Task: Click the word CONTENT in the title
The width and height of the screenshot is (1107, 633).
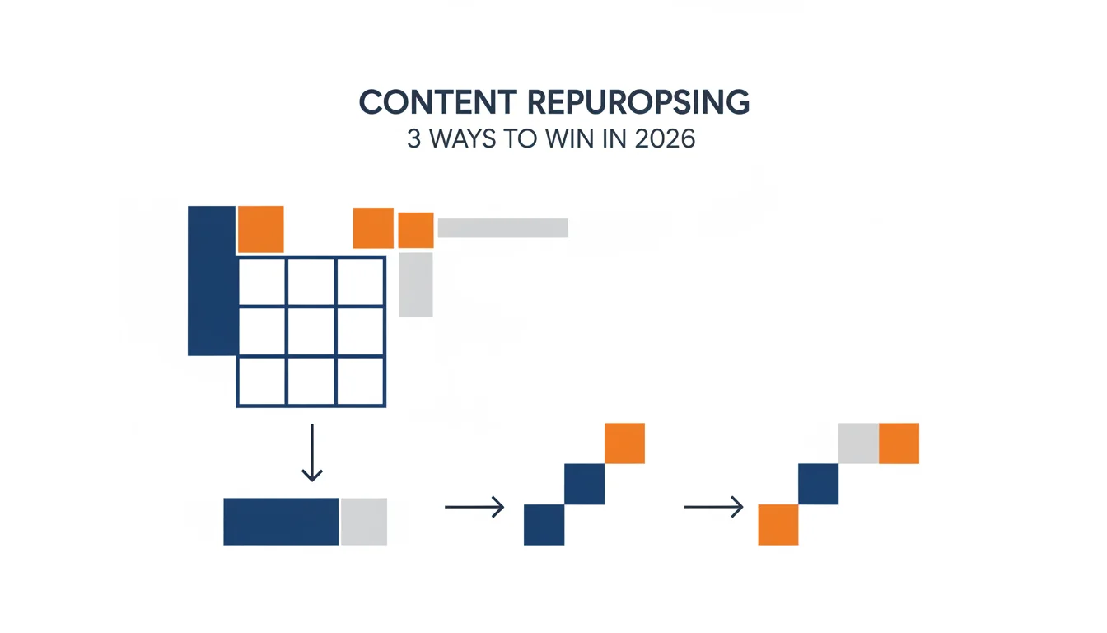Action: point(438,102)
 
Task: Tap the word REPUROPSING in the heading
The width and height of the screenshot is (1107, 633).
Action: point(638,102)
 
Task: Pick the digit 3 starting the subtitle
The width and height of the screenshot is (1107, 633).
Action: point(414,139)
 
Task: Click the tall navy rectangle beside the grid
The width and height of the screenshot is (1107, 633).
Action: point(212,281)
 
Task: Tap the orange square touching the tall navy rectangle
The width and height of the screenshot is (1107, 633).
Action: point(261,229)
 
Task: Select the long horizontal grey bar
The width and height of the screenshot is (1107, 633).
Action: point(503,228)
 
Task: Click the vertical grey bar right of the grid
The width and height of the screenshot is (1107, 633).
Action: point(416,285)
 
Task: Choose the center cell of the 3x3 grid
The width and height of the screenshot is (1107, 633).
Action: point(311,331)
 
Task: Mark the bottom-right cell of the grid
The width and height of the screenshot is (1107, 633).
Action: point(360,381)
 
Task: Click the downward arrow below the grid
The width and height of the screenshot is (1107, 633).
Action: point(312,452)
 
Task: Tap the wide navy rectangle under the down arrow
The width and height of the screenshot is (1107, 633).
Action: point(281,522)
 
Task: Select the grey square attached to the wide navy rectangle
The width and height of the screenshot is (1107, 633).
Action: point(364,522)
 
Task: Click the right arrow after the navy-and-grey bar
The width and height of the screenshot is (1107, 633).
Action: point(474,508)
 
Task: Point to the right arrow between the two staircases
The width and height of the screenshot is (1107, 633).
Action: point(714,508)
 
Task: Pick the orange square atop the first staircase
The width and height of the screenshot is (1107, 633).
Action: point(624,443)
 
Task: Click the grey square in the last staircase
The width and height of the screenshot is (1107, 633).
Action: point(858,443)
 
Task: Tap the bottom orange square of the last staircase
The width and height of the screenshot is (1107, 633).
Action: point(778,525)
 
